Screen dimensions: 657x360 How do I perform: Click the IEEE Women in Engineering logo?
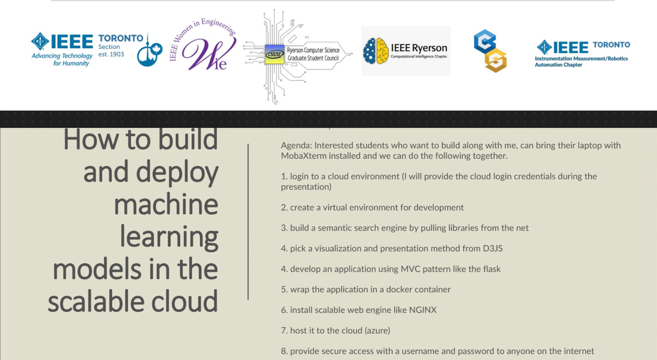(203, 44)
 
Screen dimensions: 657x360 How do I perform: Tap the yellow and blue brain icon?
(376, 51)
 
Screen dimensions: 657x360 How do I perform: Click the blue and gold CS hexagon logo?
(490, 51)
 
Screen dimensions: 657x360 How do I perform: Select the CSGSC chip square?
(274, 54)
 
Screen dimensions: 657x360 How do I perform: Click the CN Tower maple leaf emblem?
(149, 51)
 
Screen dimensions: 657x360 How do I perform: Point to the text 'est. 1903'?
(111, 54)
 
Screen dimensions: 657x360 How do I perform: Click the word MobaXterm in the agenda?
(303, 156)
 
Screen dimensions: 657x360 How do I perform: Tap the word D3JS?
(492, 248)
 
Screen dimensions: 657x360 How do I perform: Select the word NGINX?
(423, 310)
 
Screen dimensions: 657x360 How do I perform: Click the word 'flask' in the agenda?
(492, 269)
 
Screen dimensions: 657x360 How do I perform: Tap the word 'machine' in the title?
(166, 204)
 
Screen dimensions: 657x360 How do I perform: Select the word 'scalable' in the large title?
(96, 301)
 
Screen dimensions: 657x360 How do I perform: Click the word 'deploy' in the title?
(177, 173)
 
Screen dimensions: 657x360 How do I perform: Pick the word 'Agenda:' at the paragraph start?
(296, 146)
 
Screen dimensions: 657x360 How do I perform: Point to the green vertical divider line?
(248, 222)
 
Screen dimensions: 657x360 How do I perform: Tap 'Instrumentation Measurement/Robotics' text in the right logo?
(581, 59)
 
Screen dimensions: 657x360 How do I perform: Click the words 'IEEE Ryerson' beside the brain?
(419, 48)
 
